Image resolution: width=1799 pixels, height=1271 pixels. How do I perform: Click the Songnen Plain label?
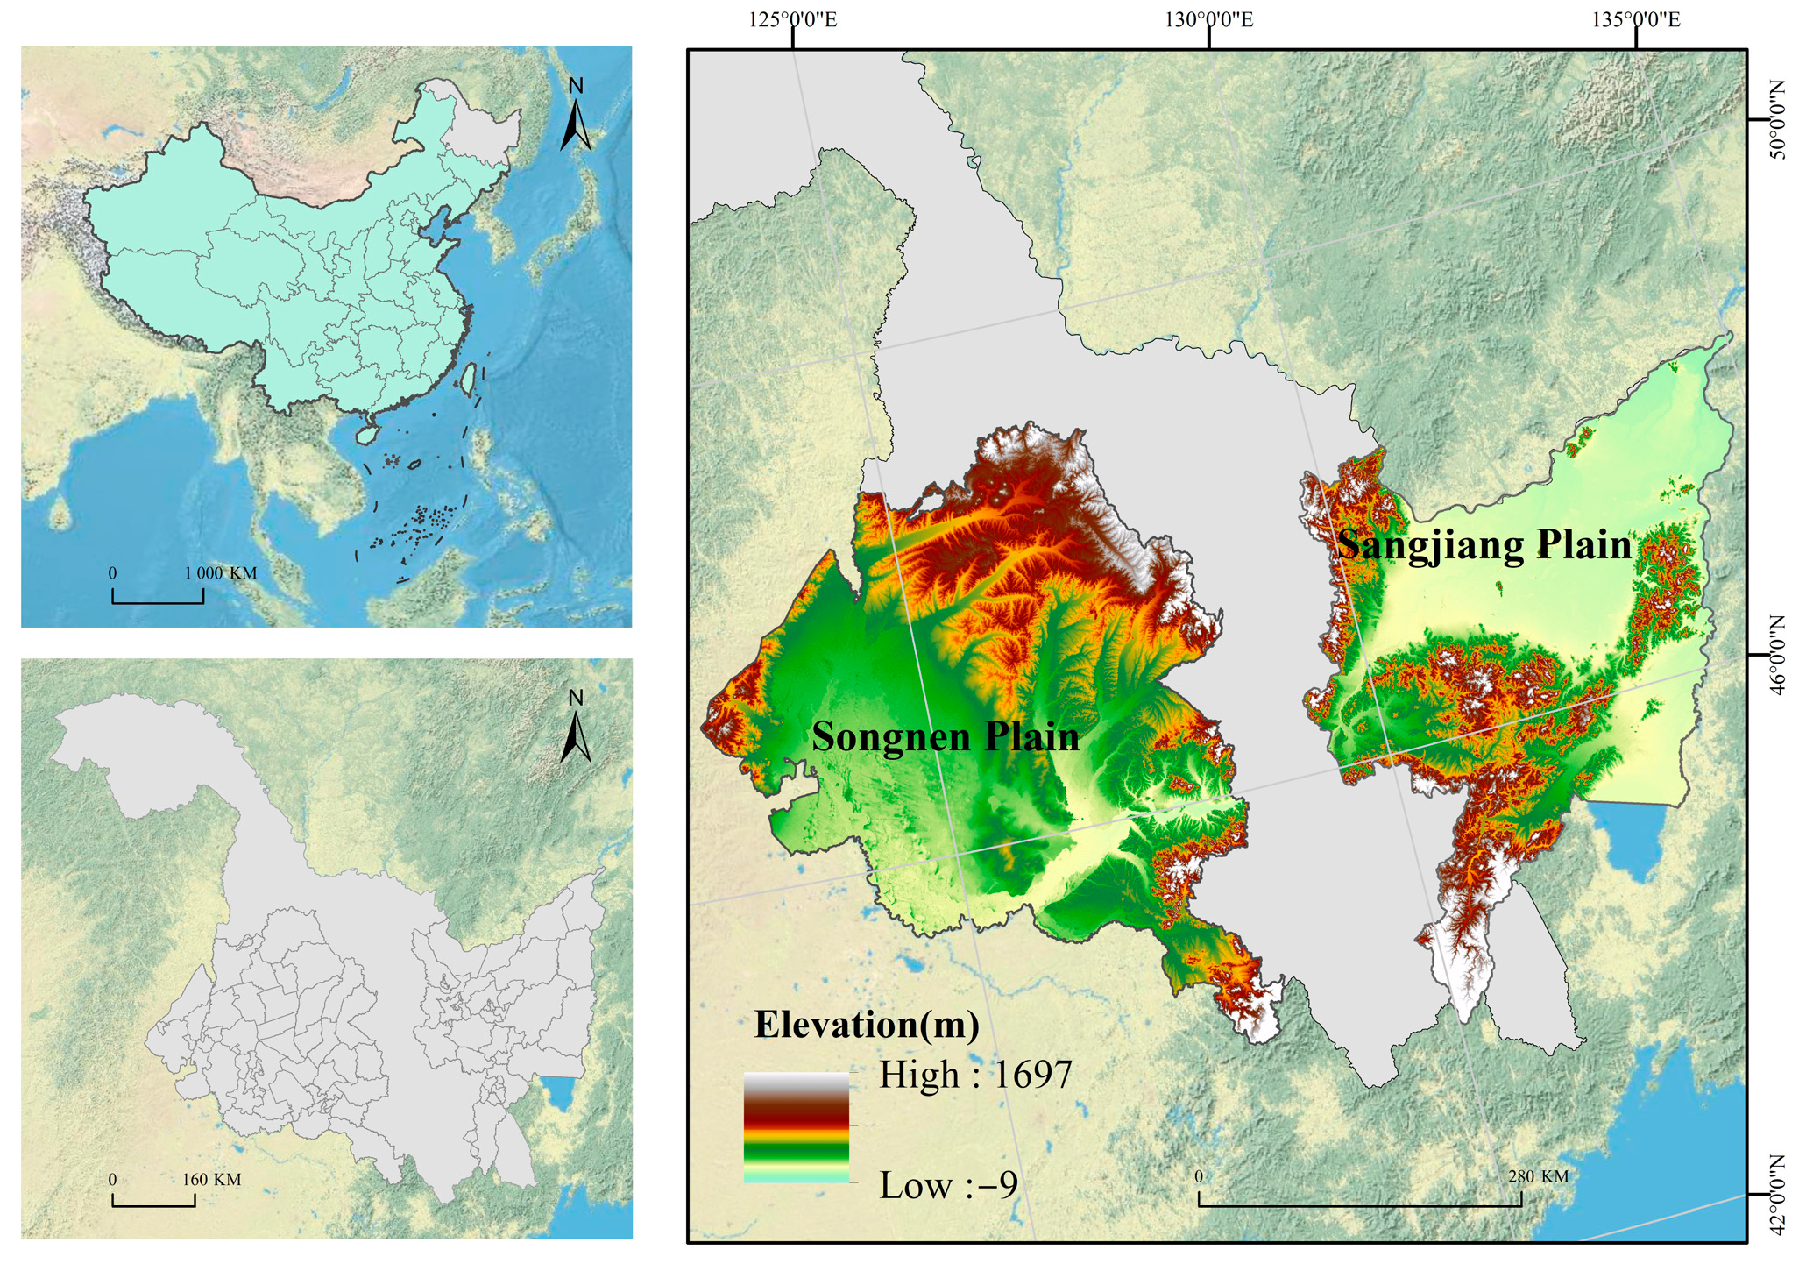(945, 736)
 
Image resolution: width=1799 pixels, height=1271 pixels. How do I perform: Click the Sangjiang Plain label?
(1484, 544)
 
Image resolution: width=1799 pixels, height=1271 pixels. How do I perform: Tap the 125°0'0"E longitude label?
(792, 19)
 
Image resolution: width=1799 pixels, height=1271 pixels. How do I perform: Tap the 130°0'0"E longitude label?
(1209, 19)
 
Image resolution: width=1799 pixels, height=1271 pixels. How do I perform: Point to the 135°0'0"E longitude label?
(1636, 19)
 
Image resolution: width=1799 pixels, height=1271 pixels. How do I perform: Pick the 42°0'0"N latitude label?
(1775, 1195)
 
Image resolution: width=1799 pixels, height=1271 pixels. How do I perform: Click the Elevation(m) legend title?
(866, 1024)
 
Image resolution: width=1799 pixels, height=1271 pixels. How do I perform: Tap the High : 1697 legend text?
(975, 1075)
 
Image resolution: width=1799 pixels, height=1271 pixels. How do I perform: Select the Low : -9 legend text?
(948, 1186)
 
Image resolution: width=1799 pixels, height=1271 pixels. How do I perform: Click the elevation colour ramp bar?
(796, 1128)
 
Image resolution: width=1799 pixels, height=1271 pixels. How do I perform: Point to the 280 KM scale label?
(1538, 1176)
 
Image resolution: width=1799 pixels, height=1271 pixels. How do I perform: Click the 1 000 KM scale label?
(220, 573)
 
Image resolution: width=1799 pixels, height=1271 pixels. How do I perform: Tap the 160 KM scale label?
(211, 1180)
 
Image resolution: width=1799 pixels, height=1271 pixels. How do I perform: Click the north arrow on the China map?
(576, 116)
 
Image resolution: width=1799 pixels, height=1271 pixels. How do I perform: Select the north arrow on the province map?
(576, 728)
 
